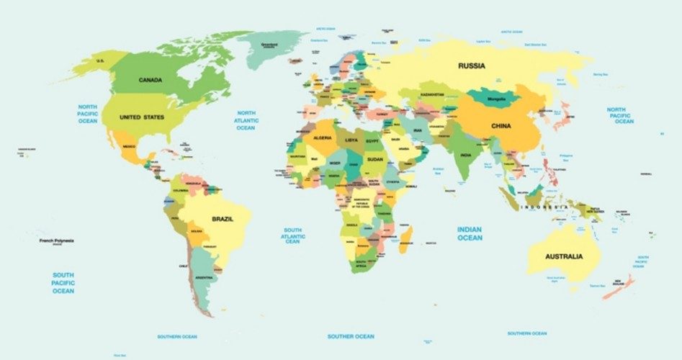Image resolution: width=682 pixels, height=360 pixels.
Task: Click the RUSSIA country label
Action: click(472, 66)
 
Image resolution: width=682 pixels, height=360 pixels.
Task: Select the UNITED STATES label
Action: click(142, 117)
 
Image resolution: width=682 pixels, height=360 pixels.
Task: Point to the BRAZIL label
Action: click(222, 218)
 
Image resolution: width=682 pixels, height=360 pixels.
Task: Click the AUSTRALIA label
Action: click(563, 256)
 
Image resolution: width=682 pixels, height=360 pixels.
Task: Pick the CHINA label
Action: click(501, 126)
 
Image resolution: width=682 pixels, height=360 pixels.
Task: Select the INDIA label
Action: click(466, 155)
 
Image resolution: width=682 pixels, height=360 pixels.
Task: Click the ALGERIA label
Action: click(323, 138)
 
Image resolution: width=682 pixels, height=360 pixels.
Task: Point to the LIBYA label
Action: click(351, 140)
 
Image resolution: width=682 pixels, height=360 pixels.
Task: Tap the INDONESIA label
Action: click(544, 207)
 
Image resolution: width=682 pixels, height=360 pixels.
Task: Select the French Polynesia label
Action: click(56, 240)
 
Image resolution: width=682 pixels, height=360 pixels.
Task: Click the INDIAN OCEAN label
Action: click(470, 233)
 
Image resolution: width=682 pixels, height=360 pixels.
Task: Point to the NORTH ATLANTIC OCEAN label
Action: click(246, 120)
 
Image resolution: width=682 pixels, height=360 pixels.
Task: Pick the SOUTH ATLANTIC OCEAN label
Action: click(292, 235)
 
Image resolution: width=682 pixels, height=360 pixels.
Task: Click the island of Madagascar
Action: click(406, 236)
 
